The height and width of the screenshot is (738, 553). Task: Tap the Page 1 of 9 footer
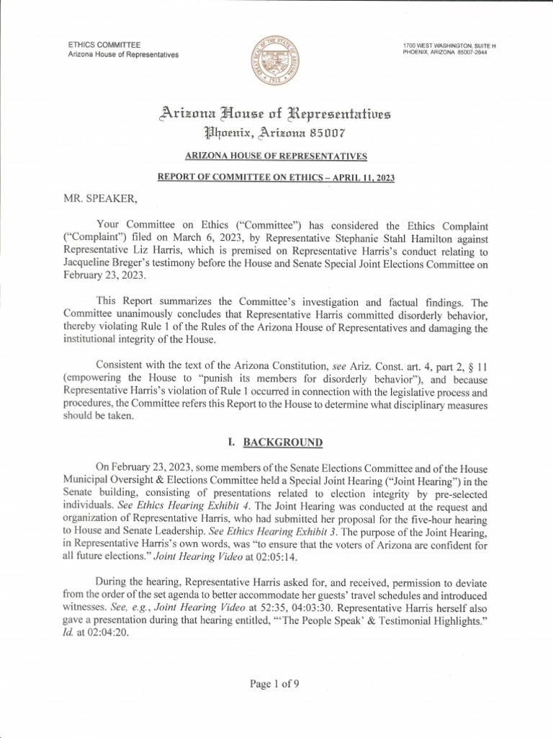[276, 685]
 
